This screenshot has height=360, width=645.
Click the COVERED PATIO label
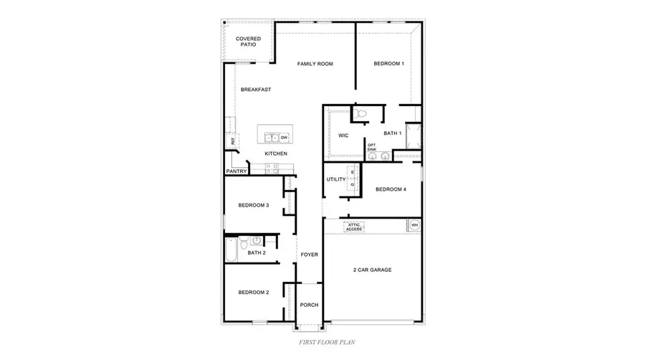[x=248, y=42]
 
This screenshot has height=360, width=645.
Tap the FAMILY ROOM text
[x=315, y=64]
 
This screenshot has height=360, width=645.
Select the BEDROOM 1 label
[x=389, y=64]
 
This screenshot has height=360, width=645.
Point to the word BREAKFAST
[x=255, y=90]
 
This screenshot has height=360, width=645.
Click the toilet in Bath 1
[x=361, y=113]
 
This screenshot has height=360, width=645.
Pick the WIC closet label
[x=343, y=136]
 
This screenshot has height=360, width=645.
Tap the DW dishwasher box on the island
[x=284, y=137]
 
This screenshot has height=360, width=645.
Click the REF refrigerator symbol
[x=233, y=141]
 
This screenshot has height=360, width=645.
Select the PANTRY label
[x=236, y=171]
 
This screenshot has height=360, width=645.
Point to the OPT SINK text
[x=371, y=147]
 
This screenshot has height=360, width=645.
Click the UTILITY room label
[x=336, y=179]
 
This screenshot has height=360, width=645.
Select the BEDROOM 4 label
[x=391, y=189]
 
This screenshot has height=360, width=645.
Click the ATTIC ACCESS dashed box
[x=354, y=227]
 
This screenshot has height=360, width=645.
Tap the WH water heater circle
[x=414, y=225]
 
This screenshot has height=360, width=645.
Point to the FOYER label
[x=309, y=255]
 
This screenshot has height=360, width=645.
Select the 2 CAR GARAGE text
[x=371, y=270]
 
